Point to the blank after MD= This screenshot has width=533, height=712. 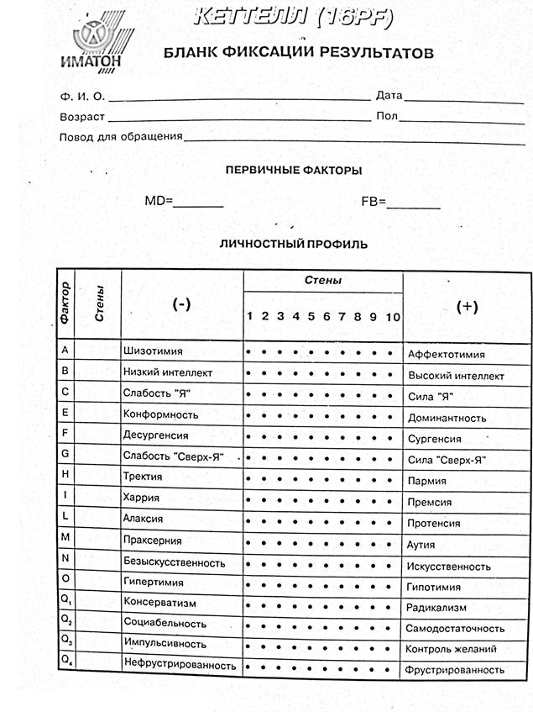[199, 202]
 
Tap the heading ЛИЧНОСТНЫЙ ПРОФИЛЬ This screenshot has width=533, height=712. [293, 245]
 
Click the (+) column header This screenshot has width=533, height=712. [467, 307]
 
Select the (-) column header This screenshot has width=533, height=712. [180, 304]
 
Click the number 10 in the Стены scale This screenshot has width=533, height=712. [392, 317]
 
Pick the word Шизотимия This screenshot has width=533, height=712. [153, 351]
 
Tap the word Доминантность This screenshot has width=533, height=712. [446, 418]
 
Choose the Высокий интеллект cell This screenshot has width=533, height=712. [455, 376]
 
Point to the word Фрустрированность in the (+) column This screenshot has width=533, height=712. [455, 670]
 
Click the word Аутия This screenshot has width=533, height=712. [421, 545]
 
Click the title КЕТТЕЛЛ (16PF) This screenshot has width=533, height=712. [284, 16]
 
